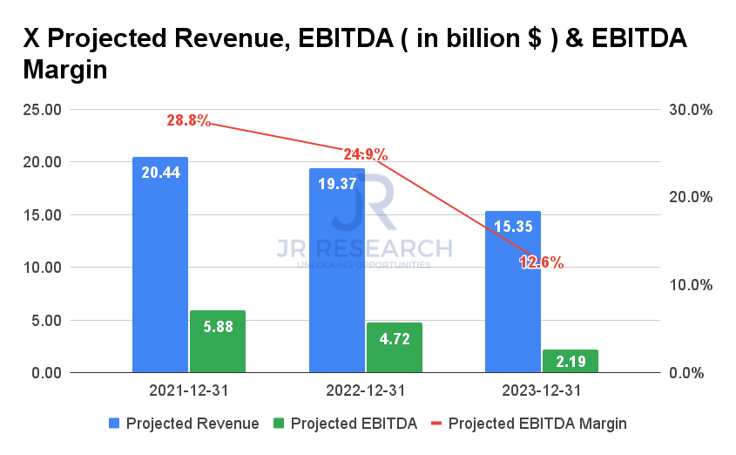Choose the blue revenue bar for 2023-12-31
click(513, 296)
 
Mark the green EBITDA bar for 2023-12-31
click(571, 361)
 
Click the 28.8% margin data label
click(188, 120)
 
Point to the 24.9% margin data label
click(365, 154)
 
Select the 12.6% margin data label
click(542, 262)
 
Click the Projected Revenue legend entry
click(184, 424)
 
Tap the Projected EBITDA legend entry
click(345, 424)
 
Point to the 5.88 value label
click(217, 325)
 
